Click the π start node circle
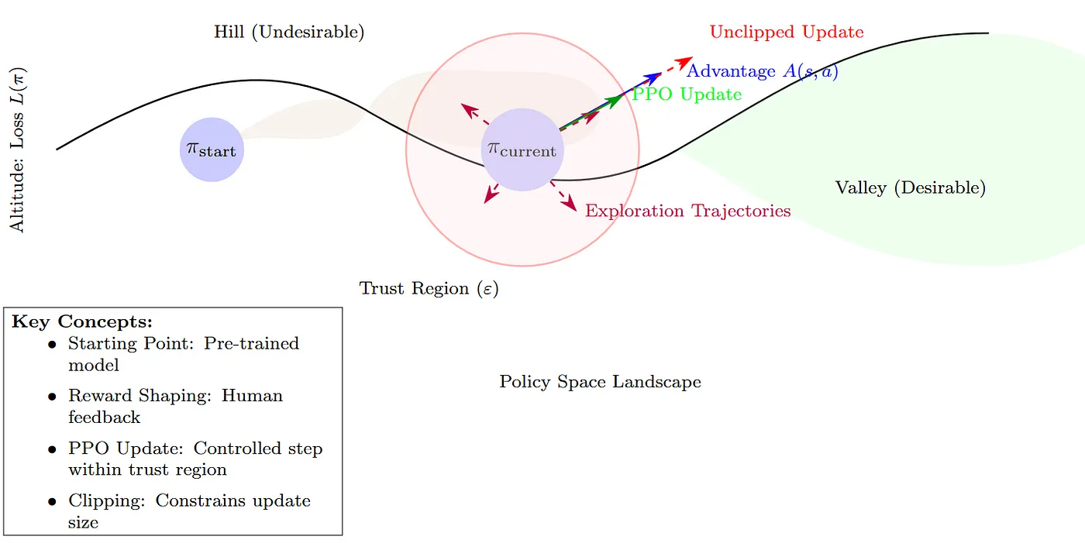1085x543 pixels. pos(212,149)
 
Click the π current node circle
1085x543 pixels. pos(522,150)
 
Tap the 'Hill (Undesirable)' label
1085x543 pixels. pos(289,33)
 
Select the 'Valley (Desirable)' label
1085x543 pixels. pos(910,187)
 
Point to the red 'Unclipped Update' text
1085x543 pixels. pos(787,33)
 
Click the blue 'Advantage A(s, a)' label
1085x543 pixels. pos(762,71)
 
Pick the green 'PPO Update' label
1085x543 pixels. pos(687,95)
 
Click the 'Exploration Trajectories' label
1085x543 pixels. pos(687,211)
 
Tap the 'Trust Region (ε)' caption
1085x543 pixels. pos(429,289)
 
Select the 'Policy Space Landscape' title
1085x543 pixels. pos(600,382)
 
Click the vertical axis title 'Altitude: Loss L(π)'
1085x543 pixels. pos(17,149)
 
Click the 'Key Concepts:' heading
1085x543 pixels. pos(82,321)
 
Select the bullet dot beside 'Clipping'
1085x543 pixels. pos(52,502)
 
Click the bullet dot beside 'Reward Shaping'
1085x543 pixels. pos(52,397)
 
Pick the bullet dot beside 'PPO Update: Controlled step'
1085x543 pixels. pos(52,449)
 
